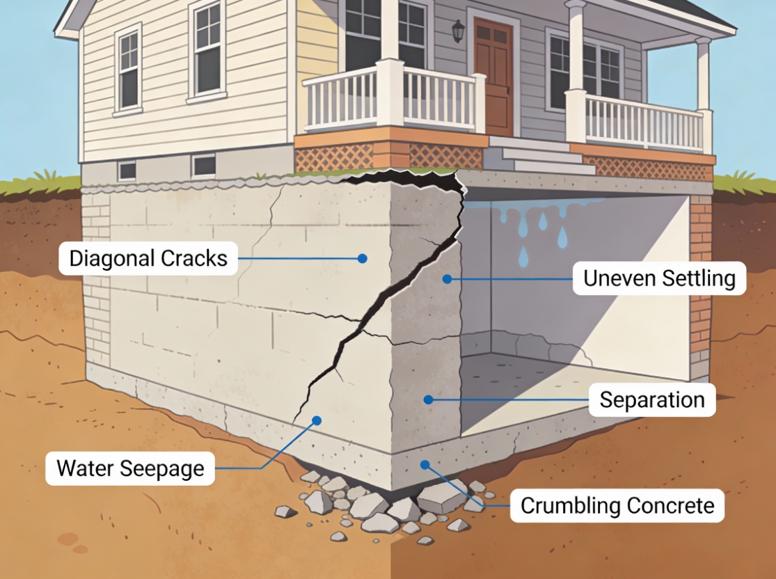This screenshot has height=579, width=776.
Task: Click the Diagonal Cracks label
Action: point(148,258)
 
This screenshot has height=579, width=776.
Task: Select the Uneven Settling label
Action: point(659,278)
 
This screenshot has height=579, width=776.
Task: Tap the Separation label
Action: point(652,400)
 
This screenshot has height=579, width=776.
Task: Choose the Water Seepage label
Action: point(130,468)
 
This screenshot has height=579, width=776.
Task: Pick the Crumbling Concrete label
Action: point(617,505)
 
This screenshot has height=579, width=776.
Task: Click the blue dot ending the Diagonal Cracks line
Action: point(362,258)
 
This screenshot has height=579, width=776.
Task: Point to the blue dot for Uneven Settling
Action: point(447,278)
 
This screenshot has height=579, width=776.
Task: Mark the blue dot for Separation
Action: point(428,399)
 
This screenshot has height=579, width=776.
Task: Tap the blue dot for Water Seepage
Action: point(317,420)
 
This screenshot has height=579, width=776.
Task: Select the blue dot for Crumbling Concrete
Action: point(425,463)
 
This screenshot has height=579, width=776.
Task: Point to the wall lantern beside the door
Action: point(458,30)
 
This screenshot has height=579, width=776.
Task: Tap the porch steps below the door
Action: point(540,157)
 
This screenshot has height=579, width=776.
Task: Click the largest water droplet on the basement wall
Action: point(562,237)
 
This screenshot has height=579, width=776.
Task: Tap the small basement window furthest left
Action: point(127,170)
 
